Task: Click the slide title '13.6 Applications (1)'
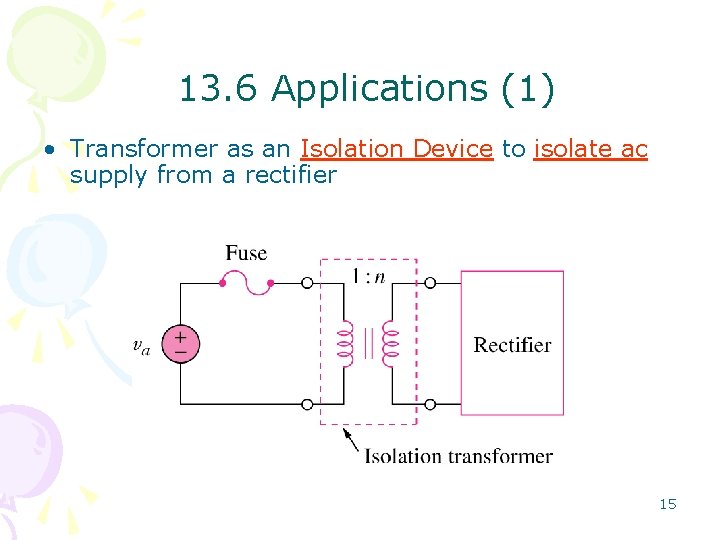pos(366,90)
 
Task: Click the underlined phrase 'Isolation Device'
pos(396,149)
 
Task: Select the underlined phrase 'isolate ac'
pos(591,149)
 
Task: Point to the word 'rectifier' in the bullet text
pos(296,175)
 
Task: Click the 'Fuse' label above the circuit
pos(246,253)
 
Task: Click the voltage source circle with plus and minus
pos(181,344)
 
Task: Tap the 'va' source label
pos(142,345)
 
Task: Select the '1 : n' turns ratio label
pos(368,276)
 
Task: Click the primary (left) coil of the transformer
pos(345,344)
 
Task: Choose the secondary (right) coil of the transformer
pos(392,344)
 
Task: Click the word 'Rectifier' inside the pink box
pos(512,345)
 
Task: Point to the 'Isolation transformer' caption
pos(458,456)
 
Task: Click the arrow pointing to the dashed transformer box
pos(350,440)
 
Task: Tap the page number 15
pos(668,504)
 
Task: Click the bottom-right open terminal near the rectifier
pos(430,404)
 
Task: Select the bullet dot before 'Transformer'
pos(48,150)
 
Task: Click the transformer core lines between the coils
pos(368,344)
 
